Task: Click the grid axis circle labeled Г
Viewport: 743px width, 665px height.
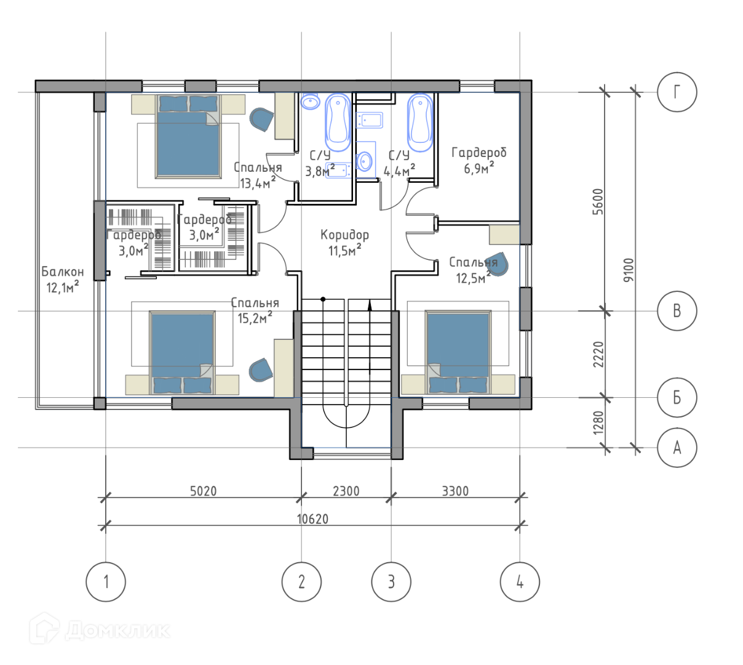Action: click(x=676, y=92)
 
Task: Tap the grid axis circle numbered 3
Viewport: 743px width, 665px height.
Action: click(x=391, y=582)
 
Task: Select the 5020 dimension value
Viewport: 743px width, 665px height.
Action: click(x=203, y=491)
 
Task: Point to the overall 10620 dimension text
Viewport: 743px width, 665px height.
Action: click(x=312, y=519)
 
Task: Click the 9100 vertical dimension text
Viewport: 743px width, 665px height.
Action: click(x=628, y=270)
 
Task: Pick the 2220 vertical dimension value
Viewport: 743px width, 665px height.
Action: click(x=598, y=354)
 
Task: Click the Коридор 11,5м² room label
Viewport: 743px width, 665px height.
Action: click(x=344, y=243)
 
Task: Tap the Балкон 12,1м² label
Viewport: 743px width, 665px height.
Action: click(x=62, y=280)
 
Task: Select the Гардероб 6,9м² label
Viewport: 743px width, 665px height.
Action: click(x=479, y=160)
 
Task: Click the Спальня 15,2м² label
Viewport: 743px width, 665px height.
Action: click(x=255, y=310)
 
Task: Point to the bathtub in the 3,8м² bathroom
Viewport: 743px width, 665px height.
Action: click(x=338, y=123)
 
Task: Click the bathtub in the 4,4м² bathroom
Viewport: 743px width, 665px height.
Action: click(x=420, y=123)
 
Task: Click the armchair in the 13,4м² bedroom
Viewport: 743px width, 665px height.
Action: click(x=261, y=119)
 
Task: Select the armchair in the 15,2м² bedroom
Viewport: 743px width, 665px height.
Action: click(x=260, y=370)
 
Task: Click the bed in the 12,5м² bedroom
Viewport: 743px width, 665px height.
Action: click(x=458, y=352)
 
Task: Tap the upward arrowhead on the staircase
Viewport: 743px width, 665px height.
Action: click(x=369, y=305)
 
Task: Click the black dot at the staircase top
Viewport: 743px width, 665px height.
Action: click(x=323, y=299)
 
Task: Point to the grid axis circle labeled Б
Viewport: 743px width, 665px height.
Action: click(x=676, y=397)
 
